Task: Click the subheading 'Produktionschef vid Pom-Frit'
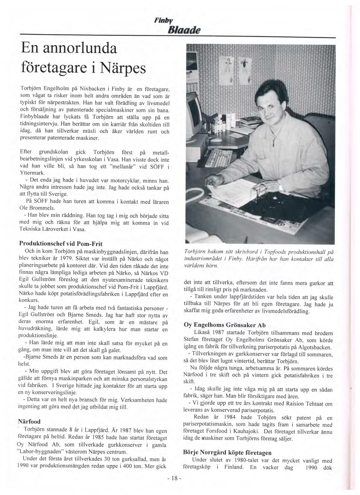tap(60, 244)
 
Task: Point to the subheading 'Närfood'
tap(29, 422)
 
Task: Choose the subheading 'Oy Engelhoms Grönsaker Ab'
tap(225, 325)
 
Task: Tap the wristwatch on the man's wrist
tap(280, 187)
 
